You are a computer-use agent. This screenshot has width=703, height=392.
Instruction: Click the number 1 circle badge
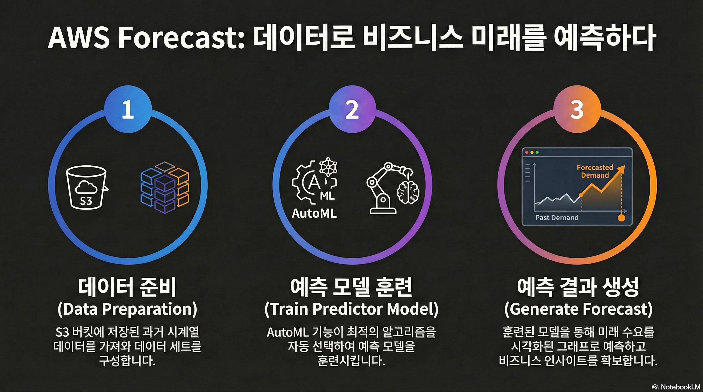[x=128, y=109]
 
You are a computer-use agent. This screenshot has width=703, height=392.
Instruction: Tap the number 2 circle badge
[x=352, y=109]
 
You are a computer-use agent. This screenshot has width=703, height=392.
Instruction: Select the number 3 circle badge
[x=577, y=109]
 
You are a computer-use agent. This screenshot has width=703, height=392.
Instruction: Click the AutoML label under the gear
[x=314, y=213]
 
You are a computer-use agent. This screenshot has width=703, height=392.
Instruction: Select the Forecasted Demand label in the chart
[x=595, y=171]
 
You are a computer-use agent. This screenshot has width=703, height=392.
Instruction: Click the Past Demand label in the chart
[x=557, y=217]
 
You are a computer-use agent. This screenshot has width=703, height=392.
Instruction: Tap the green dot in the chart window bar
[x=537, y=152]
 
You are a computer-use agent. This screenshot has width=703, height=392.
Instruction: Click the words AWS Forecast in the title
[x=146, y=40]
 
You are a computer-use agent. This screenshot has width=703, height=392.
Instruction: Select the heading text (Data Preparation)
[x=127, y=309]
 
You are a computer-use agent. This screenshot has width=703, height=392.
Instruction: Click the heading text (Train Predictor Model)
[x=351, y=309]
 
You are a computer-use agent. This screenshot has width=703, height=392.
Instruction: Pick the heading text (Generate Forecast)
[x=578, y=309]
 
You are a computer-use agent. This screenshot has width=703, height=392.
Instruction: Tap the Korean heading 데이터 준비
[x=127, y=287]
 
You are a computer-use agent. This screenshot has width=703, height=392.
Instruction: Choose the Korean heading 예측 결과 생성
[x=578, y=287]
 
